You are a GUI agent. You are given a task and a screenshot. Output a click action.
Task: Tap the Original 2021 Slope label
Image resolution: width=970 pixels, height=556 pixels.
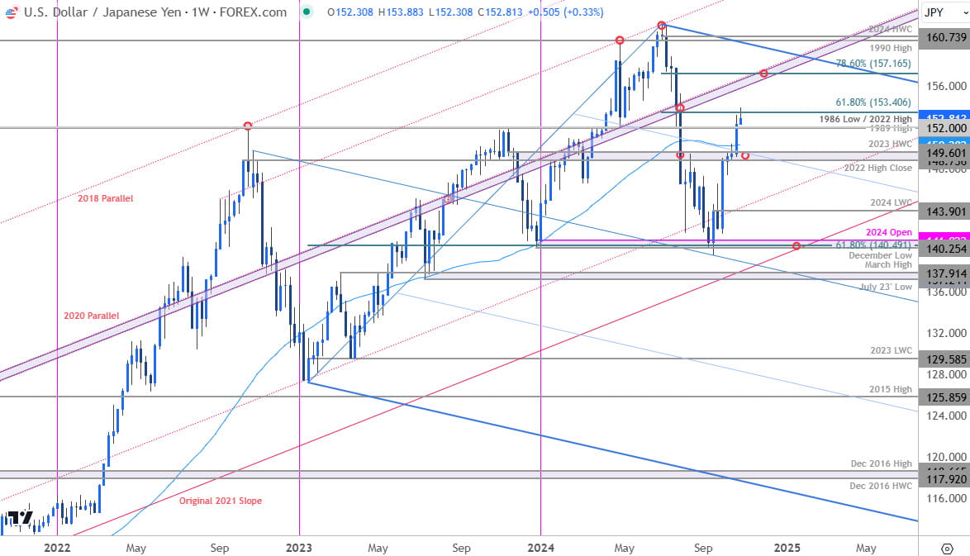click(221, 501)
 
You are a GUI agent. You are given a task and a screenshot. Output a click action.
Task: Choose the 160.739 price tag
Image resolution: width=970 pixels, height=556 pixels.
click(946, 37)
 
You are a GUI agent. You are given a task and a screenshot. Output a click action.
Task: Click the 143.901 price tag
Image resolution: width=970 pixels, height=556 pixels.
click(946, 211)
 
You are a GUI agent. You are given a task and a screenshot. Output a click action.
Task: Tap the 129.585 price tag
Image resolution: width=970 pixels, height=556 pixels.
click(946, 359)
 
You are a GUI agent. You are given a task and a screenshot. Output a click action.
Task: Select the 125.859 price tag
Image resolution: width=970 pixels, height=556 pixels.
click(946, 397)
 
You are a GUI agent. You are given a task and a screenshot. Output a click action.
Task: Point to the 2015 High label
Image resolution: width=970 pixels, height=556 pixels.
click(890, 389)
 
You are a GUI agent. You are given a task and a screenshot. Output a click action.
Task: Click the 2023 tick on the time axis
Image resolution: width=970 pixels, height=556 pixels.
click(298, 548)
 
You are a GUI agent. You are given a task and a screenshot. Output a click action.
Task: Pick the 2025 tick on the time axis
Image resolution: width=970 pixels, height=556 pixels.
click(787, 548)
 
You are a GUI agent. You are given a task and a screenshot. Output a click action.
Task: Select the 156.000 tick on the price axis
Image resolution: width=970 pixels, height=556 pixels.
click(946, 86)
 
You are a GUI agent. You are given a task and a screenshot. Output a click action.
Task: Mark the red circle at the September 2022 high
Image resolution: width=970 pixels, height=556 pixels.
click(248, 126)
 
